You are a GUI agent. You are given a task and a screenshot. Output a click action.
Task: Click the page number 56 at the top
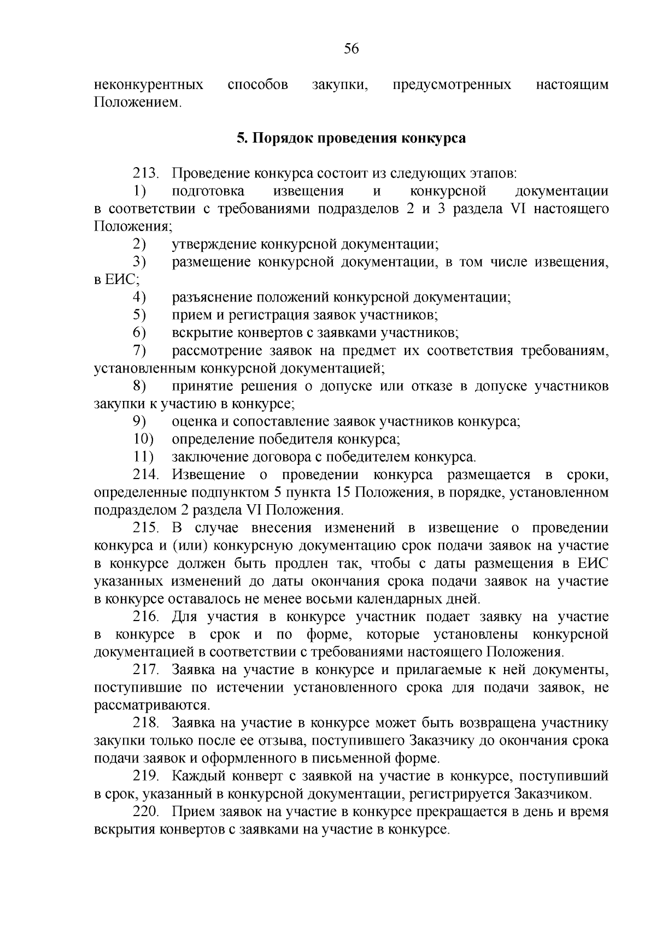point(351,49)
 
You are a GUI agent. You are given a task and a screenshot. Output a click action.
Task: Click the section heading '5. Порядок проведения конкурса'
point(351,138)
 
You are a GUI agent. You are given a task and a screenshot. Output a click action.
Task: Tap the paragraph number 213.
point(146,174)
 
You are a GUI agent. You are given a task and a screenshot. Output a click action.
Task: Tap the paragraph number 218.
point(146,723)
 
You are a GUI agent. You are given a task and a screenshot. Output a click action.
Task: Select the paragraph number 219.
point(146,776)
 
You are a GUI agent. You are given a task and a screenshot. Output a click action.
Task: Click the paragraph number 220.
point(146,812)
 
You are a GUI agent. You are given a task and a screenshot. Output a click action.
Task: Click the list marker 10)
point(144,439)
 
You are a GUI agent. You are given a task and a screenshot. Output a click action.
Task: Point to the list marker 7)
point(140,351)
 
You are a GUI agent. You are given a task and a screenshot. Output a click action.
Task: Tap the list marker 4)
point(140,298)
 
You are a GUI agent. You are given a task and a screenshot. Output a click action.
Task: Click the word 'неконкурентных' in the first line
point(149,85)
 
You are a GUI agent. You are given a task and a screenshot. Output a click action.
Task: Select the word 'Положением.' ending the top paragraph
point(137,103)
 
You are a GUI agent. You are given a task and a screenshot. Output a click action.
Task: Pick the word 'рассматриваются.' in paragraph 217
point(151,705)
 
